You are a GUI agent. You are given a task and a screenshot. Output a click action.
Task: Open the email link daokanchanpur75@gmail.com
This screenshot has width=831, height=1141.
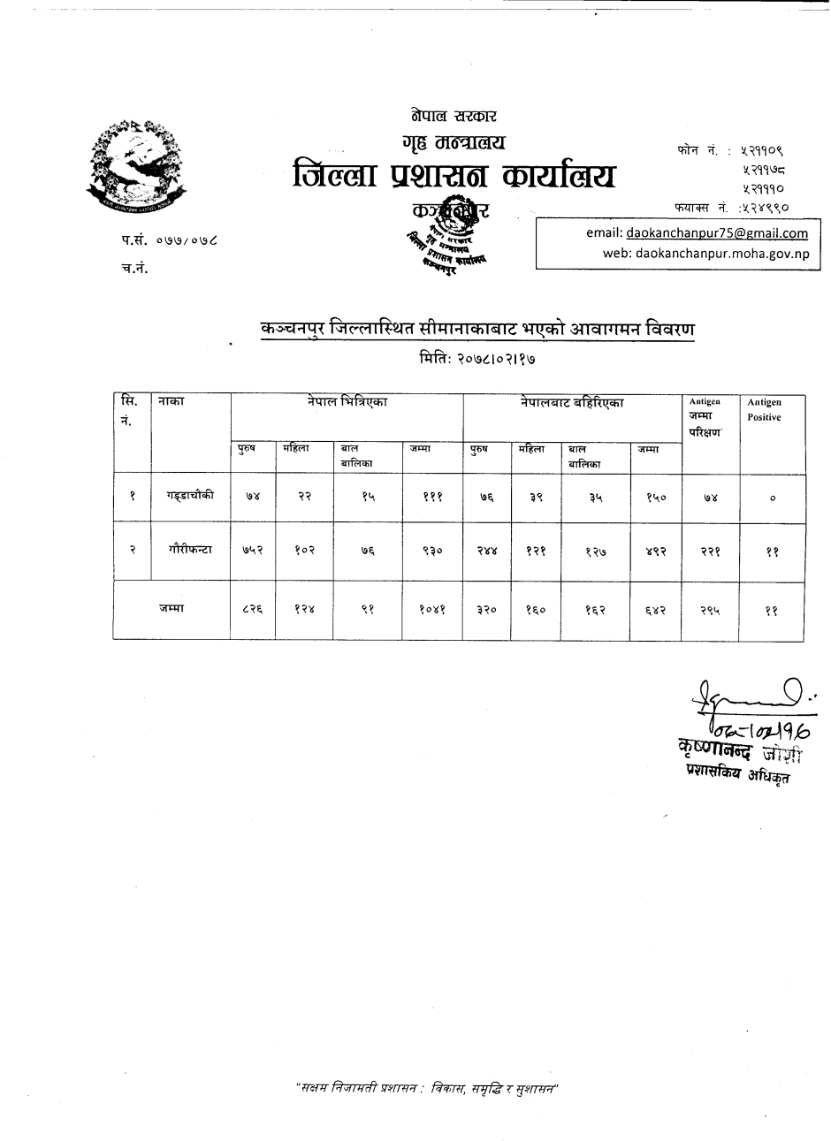point(716,233)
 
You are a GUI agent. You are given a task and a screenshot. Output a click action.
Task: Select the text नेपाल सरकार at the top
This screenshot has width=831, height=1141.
point(454,116)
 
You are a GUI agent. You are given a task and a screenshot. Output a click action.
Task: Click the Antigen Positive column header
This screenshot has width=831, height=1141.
point(764,410)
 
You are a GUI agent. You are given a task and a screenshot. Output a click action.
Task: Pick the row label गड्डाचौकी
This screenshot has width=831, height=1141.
point(189,497)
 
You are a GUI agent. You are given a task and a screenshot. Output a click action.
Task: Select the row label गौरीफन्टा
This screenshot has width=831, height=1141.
point(189,549)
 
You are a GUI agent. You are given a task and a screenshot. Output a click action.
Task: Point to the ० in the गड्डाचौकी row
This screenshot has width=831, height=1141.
point(772,498)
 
